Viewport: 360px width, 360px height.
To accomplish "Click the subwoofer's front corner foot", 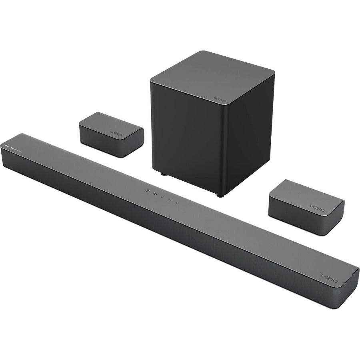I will point(220,195).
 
